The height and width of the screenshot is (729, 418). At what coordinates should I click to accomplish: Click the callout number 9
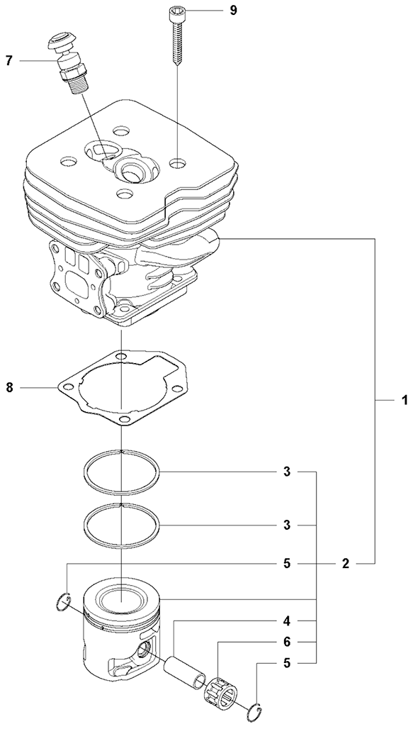tap(233, 10)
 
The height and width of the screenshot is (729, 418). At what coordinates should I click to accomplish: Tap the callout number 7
tap(9, 60)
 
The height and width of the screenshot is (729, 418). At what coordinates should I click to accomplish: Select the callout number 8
tap(9, 386)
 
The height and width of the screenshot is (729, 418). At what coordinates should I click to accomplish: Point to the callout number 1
tap(405, 400)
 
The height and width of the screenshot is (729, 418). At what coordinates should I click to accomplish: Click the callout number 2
tap(346, 564)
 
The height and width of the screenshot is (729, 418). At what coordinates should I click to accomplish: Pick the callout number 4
tap(287, 621)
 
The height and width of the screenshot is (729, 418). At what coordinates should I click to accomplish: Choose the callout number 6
tap(287, 642)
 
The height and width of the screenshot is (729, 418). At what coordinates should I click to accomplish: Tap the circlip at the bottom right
tap(253, 711)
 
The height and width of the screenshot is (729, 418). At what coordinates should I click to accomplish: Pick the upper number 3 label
tap(287, 472)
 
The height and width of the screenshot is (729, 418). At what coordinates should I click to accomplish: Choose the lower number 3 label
tap(287, 525)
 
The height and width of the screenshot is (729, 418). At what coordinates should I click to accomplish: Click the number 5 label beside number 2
tap(287, 564)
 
